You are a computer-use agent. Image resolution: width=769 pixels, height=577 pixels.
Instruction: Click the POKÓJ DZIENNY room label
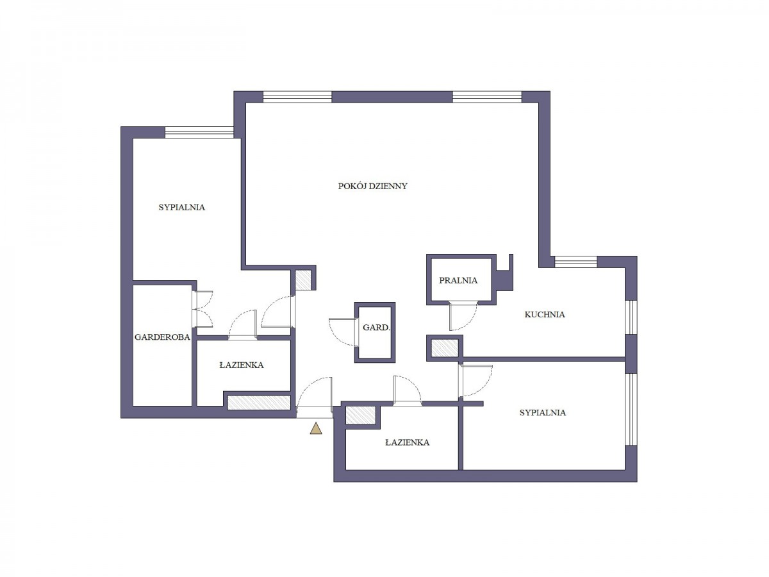point(372,186)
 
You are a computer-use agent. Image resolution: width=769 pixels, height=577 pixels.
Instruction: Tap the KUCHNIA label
point(545,315)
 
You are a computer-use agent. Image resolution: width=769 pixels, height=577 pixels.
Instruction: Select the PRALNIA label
point(458,280)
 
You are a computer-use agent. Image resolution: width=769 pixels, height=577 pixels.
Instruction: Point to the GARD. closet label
point(376,328)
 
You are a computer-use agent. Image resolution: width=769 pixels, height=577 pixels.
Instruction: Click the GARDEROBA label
point(162,337)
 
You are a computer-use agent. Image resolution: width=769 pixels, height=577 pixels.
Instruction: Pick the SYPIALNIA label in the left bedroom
point(181,207)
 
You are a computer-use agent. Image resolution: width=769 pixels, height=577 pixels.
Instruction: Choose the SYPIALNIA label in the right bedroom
point(542,413)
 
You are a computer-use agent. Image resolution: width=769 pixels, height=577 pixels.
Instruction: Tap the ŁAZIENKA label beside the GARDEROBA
point(242,365)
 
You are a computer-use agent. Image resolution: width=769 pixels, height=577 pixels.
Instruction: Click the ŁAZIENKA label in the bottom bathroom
point(407,442)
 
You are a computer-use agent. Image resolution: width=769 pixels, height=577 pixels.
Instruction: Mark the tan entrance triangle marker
point(316,430)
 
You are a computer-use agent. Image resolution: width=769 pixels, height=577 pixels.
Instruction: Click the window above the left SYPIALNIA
point(199,132)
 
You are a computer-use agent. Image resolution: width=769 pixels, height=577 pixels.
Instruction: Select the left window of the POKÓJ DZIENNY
point(297,97)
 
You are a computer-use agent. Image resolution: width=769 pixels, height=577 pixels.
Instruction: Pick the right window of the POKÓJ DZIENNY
point(487,97)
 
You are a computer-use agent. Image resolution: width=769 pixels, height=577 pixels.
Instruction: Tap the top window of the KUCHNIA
point(575,262)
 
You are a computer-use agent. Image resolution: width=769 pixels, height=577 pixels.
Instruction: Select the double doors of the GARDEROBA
point(204,309)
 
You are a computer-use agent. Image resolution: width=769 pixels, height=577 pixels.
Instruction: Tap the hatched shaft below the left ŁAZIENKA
point(259,402)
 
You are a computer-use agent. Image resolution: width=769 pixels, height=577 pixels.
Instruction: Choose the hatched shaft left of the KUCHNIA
point(444,348)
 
